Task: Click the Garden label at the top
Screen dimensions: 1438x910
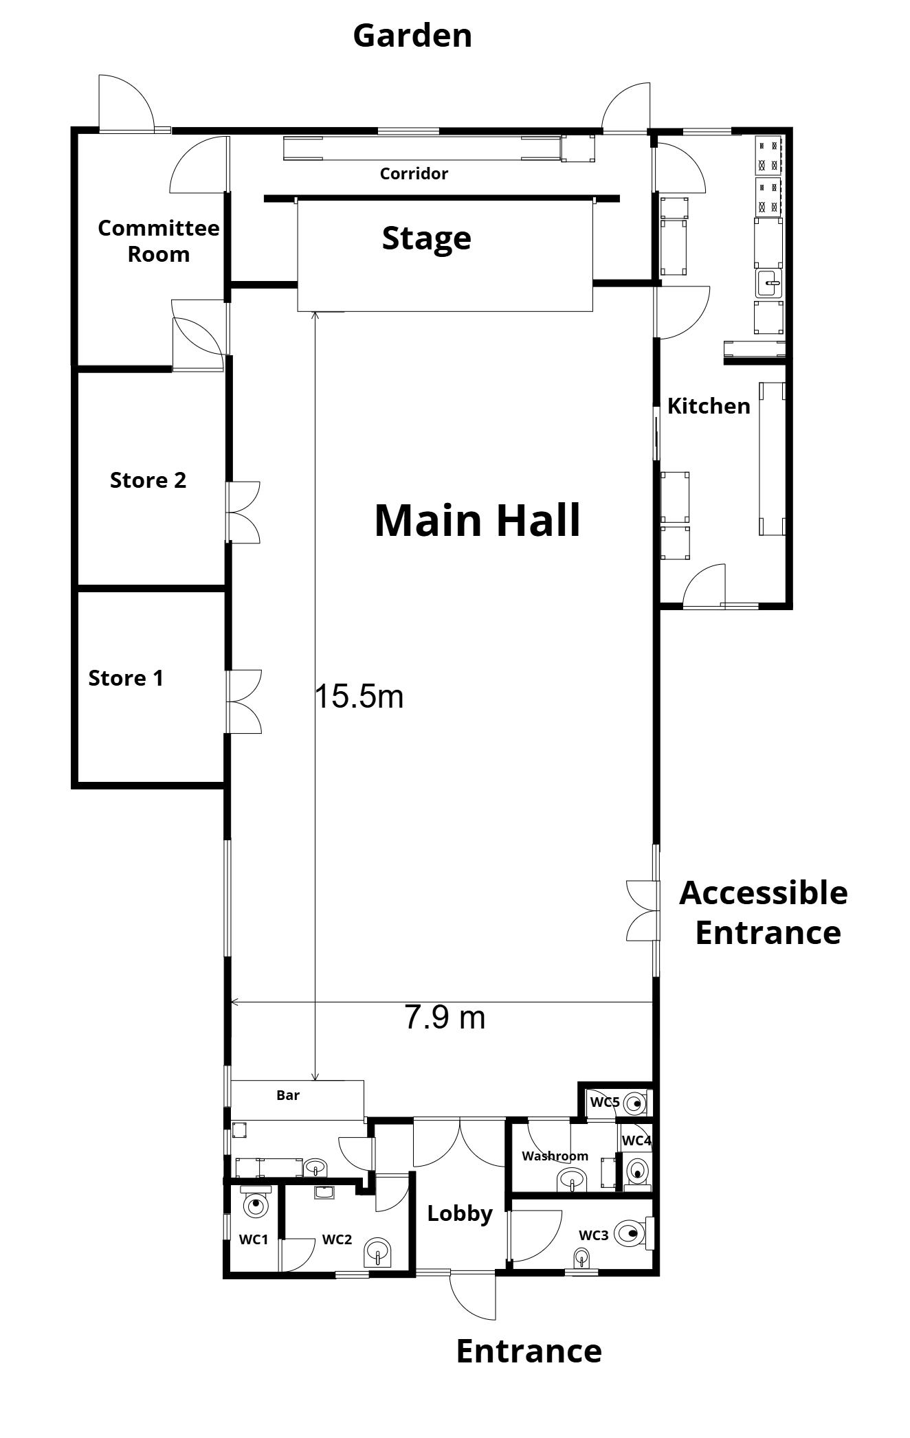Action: point(412,36)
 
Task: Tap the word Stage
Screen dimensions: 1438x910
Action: point(426,238)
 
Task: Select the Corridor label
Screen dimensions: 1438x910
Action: point(414,174)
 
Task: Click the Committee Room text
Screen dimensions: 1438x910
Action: point(159,241)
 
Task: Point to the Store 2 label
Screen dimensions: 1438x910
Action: point(148,480)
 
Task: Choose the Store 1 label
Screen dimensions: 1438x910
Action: point(126,679)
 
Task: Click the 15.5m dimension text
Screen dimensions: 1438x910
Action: point(359,697)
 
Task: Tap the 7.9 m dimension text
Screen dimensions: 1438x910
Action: point(445,1018)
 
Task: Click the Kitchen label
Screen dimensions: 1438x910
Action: point(709,406)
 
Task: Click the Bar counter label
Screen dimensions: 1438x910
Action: point(288,1096)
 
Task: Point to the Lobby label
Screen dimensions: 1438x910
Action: point(459,1213)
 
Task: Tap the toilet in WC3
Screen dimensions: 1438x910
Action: point(629,1233)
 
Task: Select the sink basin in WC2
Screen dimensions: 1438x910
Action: point(377,1252)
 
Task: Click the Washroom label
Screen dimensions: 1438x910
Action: point(555,1156)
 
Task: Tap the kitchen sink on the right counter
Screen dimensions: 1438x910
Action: point(769,282)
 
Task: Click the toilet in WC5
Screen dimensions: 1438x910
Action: point(636,1104)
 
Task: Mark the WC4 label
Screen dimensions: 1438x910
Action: point(636,1141)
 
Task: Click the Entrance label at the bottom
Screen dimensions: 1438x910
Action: point(529,1351)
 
